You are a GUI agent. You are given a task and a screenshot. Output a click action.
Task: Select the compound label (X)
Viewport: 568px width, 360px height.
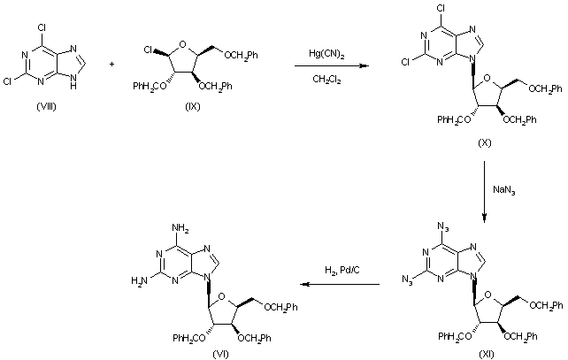[x=484, y=141]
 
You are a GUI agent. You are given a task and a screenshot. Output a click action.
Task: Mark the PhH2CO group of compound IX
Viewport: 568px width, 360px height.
[x=150, y=88]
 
